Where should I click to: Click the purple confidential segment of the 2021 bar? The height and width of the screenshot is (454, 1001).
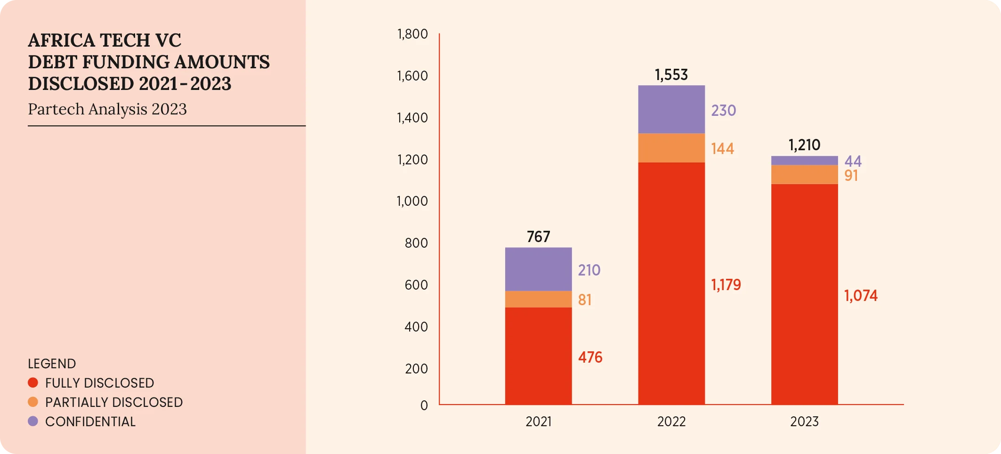point(538,269)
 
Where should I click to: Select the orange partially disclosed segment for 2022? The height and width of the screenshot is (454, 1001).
point(671,148)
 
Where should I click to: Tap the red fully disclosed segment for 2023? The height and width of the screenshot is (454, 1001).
point(804,294)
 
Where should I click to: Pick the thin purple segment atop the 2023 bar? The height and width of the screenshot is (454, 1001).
point(804,161)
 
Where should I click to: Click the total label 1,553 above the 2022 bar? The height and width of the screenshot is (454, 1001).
point(671,75)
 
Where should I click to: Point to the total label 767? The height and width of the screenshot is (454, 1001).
point(538,236)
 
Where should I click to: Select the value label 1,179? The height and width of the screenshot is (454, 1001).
point(726,285)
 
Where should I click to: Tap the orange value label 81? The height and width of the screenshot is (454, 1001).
point(584,300)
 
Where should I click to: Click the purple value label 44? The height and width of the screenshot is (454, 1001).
point(853,162)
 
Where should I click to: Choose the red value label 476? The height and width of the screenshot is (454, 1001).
point(590,357)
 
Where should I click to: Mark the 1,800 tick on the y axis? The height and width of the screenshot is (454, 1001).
point(412,34)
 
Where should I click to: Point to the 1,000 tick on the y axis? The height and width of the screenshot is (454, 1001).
point(412,201)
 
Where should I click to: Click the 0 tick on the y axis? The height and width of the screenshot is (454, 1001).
point(424,405)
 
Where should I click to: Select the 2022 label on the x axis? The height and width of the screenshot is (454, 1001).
point(671,422)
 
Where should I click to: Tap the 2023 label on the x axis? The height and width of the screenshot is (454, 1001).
point(804,422)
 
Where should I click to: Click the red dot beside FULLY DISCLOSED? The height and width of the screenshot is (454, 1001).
point(33,382)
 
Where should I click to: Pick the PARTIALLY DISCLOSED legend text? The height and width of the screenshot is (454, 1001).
point(114,402)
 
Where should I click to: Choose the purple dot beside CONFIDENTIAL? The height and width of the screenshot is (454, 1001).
point(33,421)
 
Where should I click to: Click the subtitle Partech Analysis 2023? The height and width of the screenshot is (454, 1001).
point(107,109)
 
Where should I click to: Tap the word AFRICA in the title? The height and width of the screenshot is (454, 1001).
point(59,41)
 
